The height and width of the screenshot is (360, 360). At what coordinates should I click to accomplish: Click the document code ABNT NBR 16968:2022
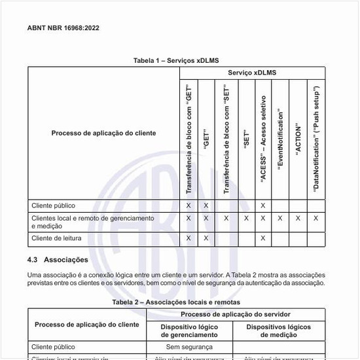63,28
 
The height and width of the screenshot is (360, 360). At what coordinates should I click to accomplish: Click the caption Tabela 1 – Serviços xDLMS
175,61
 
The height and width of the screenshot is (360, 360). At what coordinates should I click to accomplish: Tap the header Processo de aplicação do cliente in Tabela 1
103,133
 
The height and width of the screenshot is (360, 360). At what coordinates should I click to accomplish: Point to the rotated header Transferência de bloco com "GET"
189,140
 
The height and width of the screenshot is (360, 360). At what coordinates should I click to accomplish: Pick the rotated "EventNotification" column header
280,141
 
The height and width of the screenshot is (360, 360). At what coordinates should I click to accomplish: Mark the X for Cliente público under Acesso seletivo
262,206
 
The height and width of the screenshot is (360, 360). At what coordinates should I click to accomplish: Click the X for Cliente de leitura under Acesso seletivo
262,238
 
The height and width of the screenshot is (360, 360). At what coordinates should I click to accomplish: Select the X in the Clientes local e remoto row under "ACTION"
298,218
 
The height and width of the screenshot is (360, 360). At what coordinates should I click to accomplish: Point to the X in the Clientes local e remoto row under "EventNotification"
280,218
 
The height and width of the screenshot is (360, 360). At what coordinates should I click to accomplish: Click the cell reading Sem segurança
189,347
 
